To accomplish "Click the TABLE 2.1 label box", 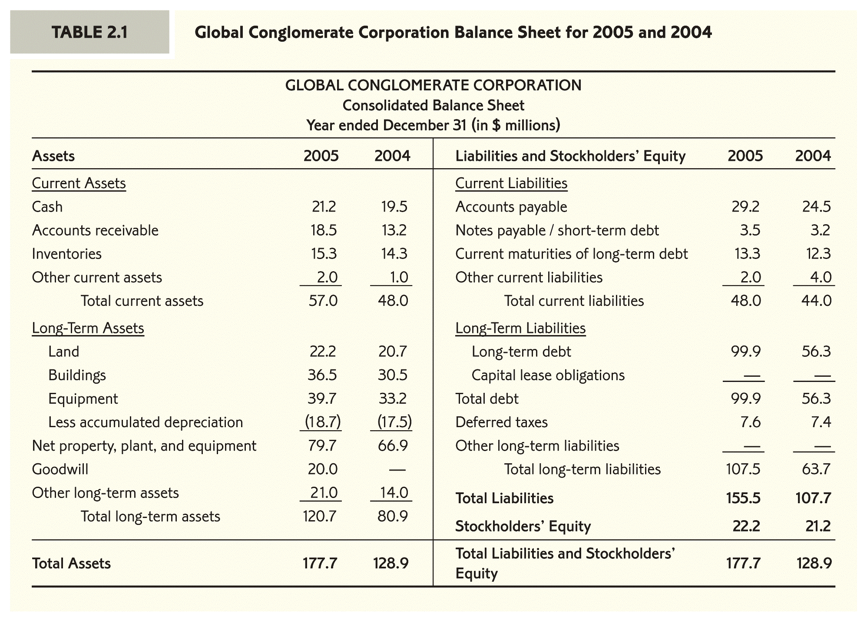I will point(89,32).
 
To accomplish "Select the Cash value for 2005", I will point(324,206).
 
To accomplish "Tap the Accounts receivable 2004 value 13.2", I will point(394,230).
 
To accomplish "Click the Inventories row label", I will point(66,253).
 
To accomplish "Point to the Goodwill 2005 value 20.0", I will point(322,469).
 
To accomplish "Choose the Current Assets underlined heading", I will point(79,183).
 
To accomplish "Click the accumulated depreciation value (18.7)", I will point(322,422).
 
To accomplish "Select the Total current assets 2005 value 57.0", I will point(322,301).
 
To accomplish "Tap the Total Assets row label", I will point(71,563).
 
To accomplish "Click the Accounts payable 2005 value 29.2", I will point(745,206).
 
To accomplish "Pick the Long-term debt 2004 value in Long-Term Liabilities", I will point(816,351).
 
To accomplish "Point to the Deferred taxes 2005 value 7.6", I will point(750,422).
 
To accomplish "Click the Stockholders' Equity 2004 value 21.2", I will point(817,526).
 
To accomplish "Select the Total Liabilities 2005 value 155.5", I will point(743,498).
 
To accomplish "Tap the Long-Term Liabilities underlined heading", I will point(520,328).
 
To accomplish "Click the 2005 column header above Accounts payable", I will point(745,156).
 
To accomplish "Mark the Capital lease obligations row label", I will point(548,375).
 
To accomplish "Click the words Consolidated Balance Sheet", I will point(433,105).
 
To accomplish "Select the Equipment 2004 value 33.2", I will point(393,399).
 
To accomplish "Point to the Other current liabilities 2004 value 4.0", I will point(821,277).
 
